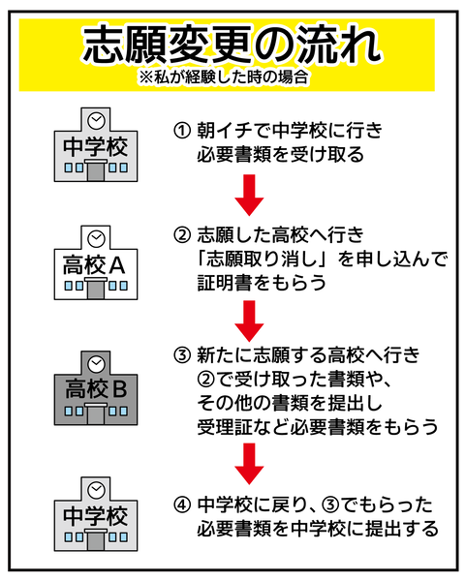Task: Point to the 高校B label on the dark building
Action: [94, 390]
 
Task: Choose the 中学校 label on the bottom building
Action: [94, 513]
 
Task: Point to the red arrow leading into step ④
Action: [250, 462]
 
